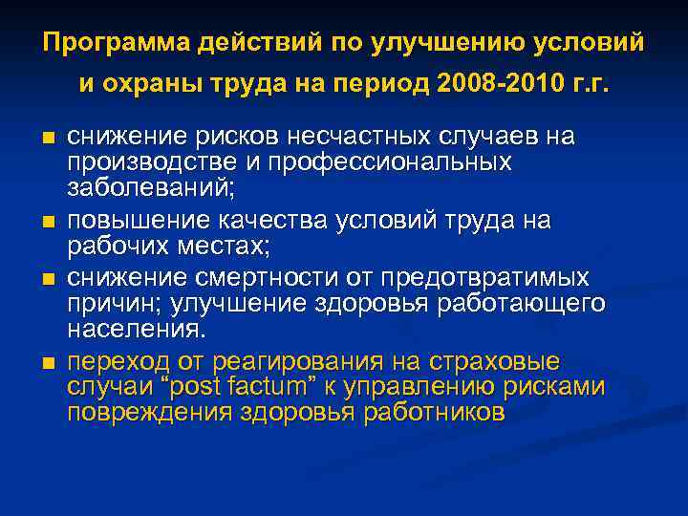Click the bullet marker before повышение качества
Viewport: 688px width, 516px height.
(49, 222)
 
